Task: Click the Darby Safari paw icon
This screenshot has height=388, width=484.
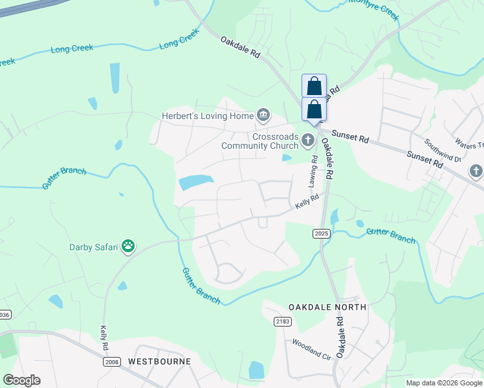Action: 129,246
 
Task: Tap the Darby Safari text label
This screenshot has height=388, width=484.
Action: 96,246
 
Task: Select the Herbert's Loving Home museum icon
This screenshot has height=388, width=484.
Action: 263,116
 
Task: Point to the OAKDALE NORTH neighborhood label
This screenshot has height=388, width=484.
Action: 327,307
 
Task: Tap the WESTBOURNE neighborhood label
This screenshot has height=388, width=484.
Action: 159,361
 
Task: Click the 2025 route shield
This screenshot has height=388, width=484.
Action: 321,233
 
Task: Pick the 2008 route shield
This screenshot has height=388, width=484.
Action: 111,361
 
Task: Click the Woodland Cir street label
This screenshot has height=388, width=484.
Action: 311,348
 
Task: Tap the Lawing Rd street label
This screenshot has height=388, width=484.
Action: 314,167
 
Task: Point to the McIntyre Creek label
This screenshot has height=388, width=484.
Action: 372,9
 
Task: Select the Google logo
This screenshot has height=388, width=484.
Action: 21,380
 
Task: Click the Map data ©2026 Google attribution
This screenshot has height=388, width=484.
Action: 444,383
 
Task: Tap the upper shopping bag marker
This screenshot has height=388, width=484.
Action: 314,86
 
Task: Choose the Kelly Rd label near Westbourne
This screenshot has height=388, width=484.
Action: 104,338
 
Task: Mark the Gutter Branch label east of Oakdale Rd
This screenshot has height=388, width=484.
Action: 390,235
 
